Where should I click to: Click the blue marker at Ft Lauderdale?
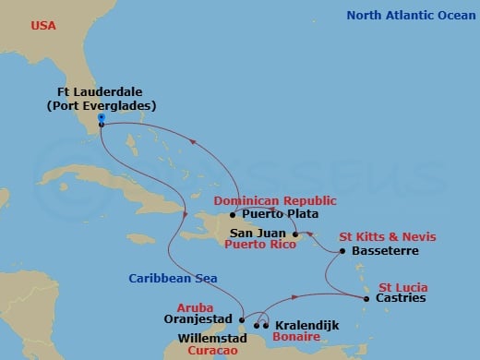click(100, 117)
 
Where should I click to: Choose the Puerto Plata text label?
click(270, 215)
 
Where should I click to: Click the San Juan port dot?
click(295, 234)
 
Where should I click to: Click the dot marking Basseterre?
click(342, 251)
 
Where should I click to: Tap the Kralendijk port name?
click(307, 326)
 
